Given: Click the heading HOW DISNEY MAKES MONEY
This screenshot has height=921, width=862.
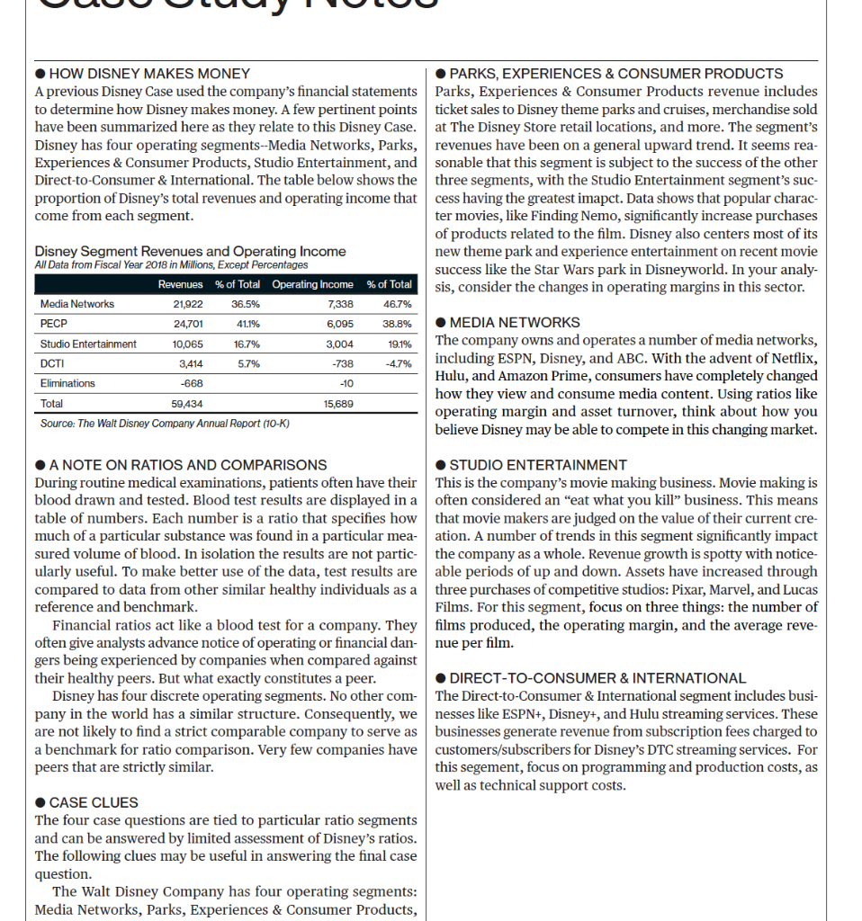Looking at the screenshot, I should click(x=149, y=74).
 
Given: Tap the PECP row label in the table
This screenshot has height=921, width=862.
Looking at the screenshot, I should click(x=54, y=324).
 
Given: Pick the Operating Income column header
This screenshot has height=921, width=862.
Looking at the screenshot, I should click(x=312, y=284).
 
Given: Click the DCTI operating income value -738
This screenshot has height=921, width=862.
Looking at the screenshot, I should click(x=342, y=363).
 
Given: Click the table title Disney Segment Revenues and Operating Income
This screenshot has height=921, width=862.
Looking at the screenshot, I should click(x=190, y=252).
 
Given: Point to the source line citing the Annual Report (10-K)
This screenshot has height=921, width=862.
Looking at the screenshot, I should click(x=165, y=423).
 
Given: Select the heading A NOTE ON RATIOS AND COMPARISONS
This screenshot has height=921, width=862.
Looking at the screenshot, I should click(x=188, y=465).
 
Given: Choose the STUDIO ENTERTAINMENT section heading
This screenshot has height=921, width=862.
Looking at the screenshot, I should click(x=538, y=465).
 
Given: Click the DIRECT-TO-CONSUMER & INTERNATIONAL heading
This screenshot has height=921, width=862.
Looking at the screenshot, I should click(x=597, y=678).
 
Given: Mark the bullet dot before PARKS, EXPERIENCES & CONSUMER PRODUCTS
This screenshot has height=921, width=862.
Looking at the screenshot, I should click(x=441, y=74).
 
